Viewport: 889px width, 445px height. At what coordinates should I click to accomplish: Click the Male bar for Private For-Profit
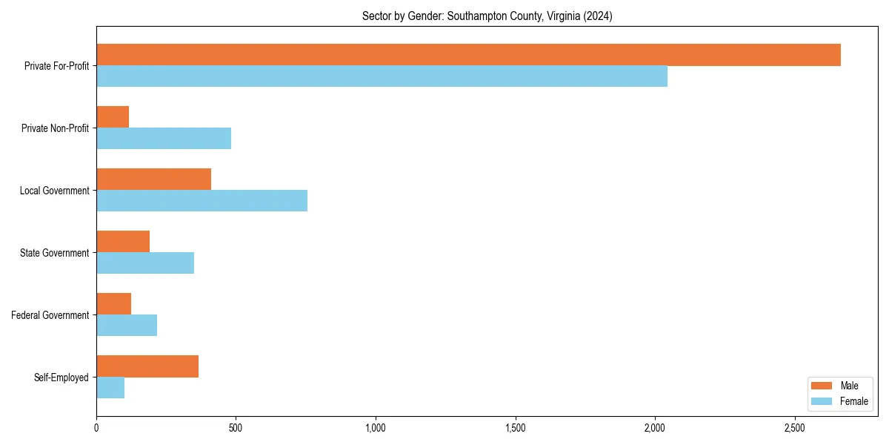[x=468, y=55]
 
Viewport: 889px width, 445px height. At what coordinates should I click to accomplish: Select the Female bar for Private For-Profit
[x=382, y=76]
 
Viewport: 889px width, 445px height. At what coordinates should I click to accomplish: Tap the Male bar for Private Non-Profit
[x=113, y=117]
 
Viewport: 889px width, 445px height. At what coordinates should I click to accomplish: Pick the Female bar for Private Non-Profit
[x=164, y=139]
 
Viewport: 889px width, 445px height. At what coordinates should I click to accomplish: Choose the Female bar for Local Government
[x=202, y=201]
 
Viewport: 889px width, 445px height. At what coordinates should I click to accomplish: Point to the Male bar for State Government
[x=123, y=242]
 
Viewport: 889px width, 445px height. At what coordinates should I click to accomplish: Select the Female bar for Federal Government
[x=127, y=326]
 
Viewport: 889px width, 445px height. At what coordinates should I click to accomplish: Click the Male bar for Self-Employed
[x=147, y=366]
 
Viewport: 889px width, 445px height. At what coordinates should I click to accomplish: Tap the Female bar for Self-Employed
[x=110, y=388]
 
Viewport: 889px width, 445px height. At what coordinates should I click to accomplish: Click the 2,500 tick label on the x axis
[x=794, y=429]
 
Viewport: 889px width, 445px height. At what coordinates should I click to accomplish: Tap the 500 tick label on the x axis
[x=236, y=429]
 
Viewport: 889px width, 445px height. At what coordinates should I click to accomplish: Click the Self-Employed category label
[x=61, y=378]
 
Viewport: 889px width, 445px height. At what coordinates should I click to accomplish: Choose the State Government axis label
[x=55, y=253]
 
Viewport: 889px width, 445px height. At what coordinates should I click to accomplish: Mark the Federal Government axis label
[x=50, y=315]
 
